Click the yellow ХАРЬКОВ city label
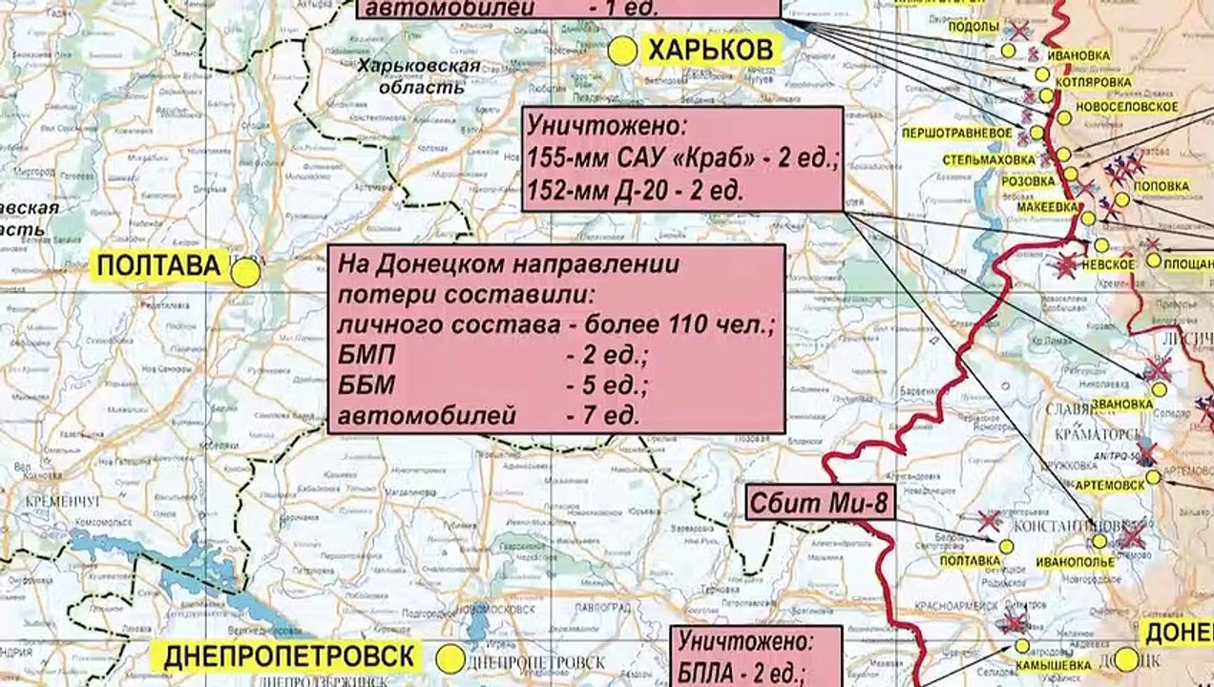(x=710, y=51)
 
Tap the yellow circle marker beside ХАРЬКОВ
(x=622, y=52)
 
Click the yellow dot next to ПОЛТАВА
(x=245, y=273)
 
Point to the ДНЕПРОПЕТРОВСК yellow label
(x=290, y=656)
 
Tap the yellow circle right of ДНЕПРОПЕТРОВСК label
(x=450, y=658)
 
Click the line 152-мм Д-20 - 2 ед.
(x=635, y=190)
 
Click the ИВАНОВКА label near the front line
(x=1078, y=55)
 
